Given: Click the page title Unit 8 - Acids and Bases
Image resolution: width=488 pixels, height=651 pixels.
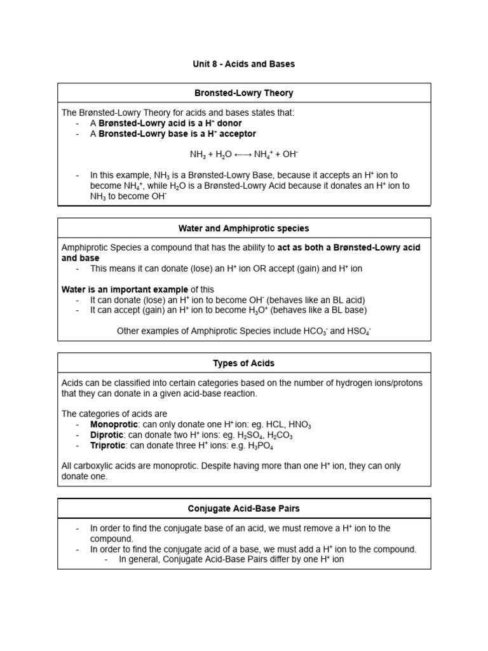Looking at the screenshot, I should pyautogui.click(x=244, y=64).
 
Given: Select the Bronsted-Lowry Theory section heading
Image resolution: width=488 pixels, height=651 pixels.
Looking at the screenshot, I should pyautogui.click(x=244, y=93).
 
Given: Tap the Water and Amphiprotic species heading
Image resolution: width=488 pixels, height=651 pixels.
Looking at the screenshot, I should pyautogui.click(x=244, y=228).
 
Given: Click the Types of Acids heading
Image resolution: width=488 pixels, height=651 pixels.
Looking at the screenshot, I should pyautogui.click(x=244, y=363).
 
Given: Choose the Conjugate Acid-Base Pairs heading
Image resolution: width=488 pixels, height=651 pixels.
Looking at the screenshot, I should pyautogui.click(x=244, y=509).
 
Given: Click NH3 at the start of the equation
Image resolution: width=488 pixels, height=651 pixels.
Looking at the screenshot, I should pyautogui.click(x=198, y=154).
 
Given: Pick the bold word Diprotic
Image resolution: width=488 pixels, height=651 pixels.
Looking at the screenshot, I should pyautogui.click(x=107, y=435).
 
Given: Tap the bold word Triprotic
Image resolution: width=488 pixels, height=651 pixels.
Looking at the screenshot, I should pyautogui.click(x=107, y=446).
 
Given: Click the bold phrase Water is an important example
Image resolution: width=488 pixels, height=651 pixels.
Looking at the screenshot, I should pyautogui.click(x=125, y=289).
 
